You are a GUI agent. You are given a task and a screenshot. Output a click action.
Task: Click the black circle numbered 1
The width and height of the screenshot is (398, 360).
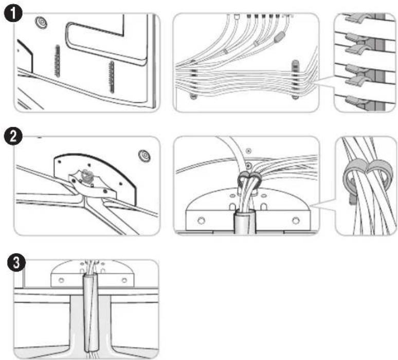pos(13,13)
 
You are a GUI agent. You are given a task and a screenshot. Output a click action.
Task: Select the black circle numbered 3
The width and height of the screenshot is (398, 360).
pos(16,262)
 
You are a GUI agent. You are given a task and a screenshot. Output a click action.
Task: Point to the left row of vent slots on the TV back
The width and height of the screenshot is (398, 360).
pos(57,61)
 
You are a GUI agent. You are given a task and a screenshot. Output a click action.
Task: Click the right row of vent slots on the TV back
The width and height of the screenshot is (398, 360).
pos(111,77)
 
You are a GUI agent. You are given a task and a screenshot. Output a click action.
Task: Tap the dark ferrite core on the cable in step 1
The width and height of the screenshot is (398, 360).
pos(279,38)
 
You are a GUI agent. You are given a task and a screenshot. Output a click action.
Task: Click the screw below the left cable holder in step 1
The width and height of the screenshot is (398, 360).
pos(193,97)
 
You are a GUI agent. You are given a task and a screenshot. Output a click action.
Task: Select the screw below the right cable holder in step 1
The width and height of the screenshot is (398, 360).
pos(296,97)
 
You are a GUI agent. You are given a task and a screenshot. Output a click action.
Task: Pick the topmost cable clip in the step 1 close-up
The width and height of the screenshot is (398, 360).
pos(355,18)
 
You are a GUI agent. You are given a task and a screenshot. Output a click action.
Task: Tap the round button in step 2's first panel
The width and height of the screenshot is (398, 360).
pos(144,155)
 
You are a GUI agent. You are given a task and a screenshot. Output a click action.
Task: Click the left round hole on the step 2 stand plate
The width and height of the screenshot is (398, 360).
pos(201,220)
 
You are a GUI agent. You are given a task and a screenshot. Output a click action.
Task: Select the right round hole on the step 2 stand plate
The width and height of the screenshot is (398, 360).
pos(296,220)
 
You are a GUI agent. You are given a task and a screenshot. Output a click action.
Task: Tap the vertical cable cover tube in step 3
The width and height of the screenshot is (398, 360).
pos(91,312)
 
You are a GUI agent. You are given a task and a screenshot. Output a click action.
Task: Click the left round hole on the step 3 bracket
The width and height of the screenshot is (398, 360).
pos(61,280)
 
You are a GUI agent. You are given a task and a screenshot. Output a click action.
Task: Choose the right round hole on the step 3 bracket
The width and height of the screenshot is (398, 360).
pos(124,280)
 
